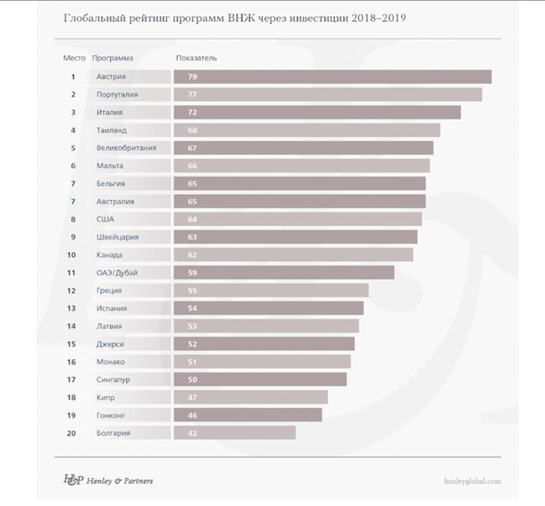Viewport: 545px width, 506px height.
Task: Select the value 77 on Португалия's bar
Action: pos(192,95)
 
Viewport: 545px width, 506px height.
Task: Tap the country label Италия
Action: pos(109,113)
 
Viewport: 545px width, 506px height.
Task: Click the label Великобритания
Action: pos(127,148)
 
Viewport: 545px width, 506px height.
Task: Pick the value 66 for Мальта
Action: pos(192,166)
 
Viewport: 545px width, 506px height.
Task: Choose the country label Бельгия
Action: pos(111,184)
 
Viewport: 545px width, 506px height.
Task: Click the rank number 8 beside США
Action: pos(72,219)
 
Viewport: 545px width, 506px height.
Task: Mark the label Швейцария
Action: pos(117,237)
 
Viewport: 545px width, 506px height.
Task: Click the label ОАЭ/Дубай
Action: pos(116,273)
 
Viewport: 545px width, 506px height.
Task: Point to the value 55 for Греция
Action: pos(192,291)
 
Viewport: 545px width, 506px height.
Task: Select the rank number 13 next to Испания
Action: pos(72,308)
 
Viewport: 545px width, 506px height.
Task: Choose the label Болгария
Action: pos(113,433)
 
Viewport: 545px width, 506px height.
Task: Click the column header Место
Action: pos(72,58)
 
